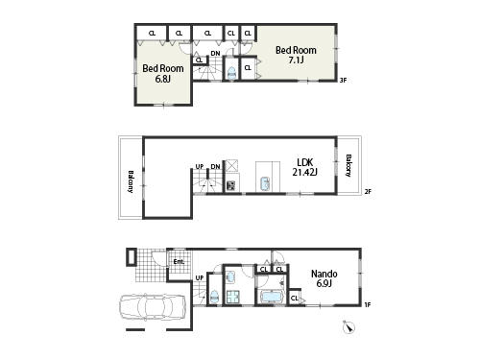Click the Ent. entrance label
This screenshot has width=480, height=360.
coord(178,261)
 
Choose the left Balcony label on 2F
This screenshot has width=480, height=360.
coord(130,180)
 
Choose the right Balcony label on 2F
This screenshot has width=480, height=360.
coord(348,165)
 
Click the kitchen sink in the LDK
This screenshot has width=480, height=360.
coord(263,182)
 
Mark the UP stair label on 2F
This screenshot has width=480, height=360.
coord(200,166)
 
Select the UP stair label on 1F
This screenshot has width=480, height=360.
coord(199,278)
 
